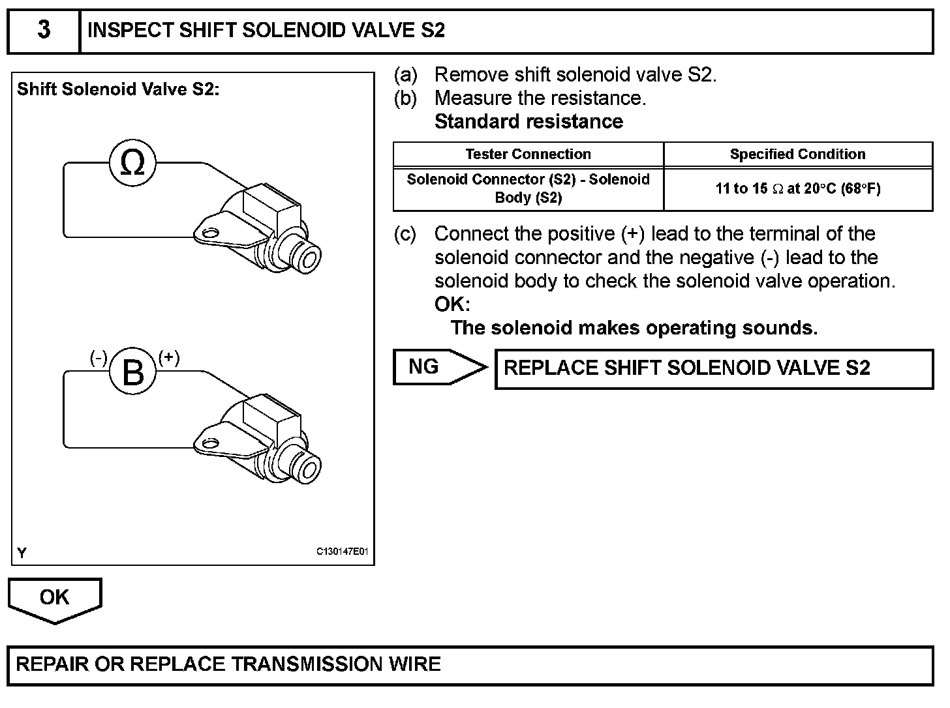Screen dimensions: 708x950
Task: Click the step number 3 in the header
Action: tap(43, 31)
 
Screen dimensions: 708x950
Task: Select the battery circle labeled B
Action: tap(132, 373)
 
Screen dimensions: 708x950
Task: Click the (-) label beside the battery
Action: tap(99, 357)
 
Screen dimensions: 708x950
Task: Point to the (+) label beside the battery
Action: tap(169, 357)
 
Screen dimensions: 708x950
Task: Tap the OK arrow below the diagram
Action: tap(55, 598)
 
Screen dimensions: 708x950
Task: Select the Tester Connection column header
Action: tap(528, 155)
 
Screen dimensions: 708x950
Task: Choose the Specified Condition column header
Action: tap(797, 155)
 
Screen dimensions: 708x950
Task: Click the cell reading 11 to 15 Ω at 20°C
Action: tap(797, 189)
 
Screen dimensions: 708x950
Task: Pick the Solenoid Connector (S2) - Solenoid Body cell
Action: tap(528, 188)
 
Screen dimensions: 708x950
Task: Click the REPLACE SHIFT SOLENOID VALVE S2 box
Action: tap(714, 368)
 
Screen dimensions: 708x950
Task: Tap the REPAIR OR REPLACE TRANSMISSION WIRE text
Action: tap(228, 664)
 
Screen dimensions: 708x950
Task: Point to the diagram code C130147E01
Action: tap(343, 552)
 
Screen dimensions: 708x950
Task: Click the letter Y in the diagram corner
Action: tap(22, 553)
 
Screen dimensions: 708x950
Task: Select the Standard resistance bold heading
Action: tap(529, 121)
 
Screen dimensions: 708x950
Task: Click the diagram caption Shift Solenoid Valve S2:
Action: tap(118, 89)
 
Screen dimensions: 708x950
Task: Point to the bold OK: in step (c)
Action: tap(452, 304)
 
